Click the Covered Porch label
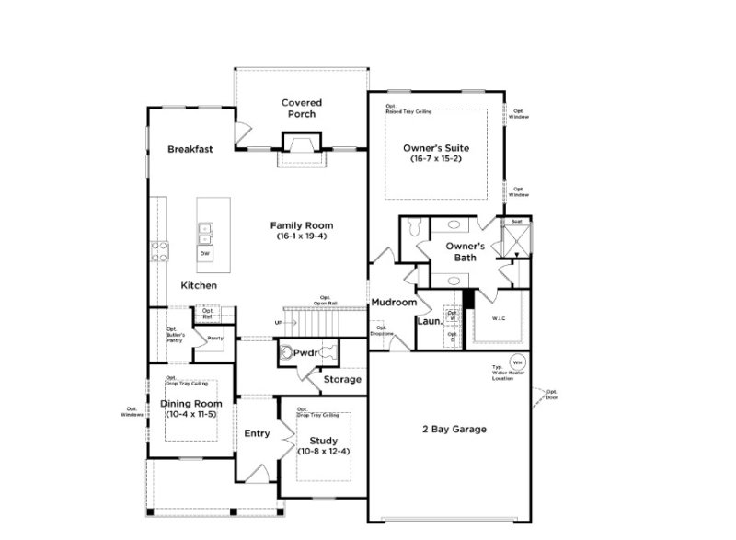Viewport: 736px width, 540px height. point(300,108)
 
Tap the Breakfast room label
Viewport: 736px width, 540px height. point(190,149)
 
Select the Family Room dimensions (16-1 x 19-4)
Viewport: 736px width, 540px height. point(301,236)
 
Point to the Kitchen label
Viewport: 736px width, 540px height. point(199,286)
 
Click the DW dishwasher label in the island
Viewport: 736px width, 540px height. point(204,253)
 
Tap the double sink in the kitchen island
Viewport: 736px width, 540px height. point(204,232)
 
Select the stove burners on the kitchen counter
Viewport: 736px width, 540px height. point(158,251)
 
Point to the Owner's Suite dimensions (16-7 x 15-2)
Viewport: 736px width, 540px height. point(436,159)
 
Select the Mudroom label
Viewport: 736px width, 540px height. point(394,302)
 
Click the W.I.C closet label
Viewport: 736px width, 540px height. point(499,319)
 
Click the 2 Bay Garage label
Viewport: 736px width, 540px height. point(454,429)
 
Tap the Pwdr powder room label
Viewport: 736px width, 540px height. point(305,352)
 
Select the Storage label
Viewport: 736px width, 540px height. point(341,379)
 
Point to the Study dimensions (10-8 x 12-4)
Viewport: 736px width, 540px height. point(325,452)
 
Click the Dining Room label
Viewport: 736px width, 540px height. point(191,403)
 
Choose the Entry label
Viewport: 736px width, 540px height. point(257,434)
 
